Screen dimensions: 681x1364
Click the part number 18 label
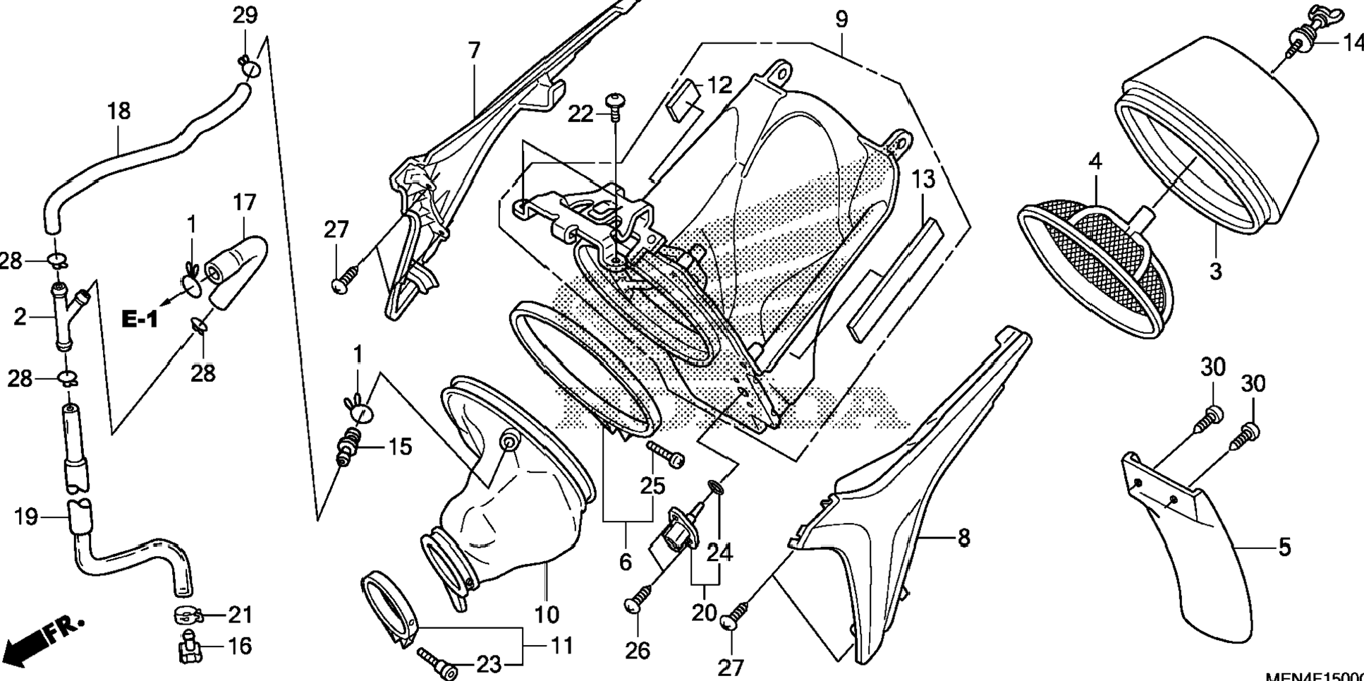pos(119,111)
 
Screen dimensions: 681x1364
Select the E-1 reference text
pos(140,320)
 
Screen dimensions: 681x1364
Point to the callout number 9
pos(841,19)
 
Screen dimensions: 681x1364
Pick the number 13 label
pos(923,180)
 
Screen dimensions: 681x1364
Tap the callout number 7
pos(474,51)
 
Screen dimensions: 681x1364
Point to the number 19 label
pos(26,517)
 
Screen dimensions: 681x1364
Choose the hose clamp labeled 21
pos(189,616)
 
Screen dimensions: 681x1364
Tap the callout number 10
pos(547,615)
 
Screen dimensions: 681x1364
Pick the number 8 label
pos(963,538)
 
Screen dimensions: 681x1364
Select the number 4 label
pos(1095,162)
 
